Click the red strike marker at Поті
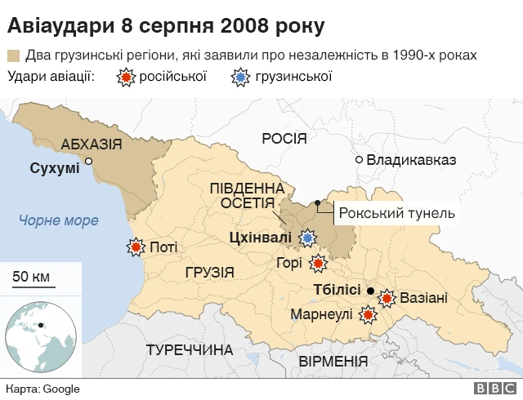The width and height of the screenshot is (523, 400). [135, 247]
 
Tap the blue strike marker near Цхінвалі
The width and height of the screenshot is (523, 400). [307, 238]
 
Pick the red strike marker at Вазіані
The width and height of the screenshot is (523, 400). [387, 298]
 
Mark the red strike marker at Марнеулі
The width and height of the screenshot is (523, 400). [368, 313]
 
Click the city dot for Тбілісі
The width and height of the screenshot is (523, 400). [370, 291]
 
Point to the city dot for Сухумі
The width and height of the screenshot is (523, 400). [89, 162]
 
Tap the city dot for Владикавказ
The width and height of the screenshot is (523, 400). [358, 159]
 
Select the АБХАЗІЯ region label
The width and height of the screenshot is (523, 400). [92, 144]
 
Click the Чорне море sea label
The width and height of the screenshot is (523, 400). [59, 220]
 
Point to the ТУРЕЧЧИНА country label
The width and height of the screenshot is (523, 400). [189, 350]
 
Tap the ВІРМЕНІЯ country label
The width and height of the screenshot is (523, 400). [333, 361]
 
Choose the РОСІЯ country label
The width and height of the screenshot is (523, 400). [284, 138]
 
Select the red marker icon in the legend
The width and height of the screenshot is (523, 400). [126, 78]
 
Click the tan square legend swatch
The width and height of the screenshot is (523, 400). [13, 56]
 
